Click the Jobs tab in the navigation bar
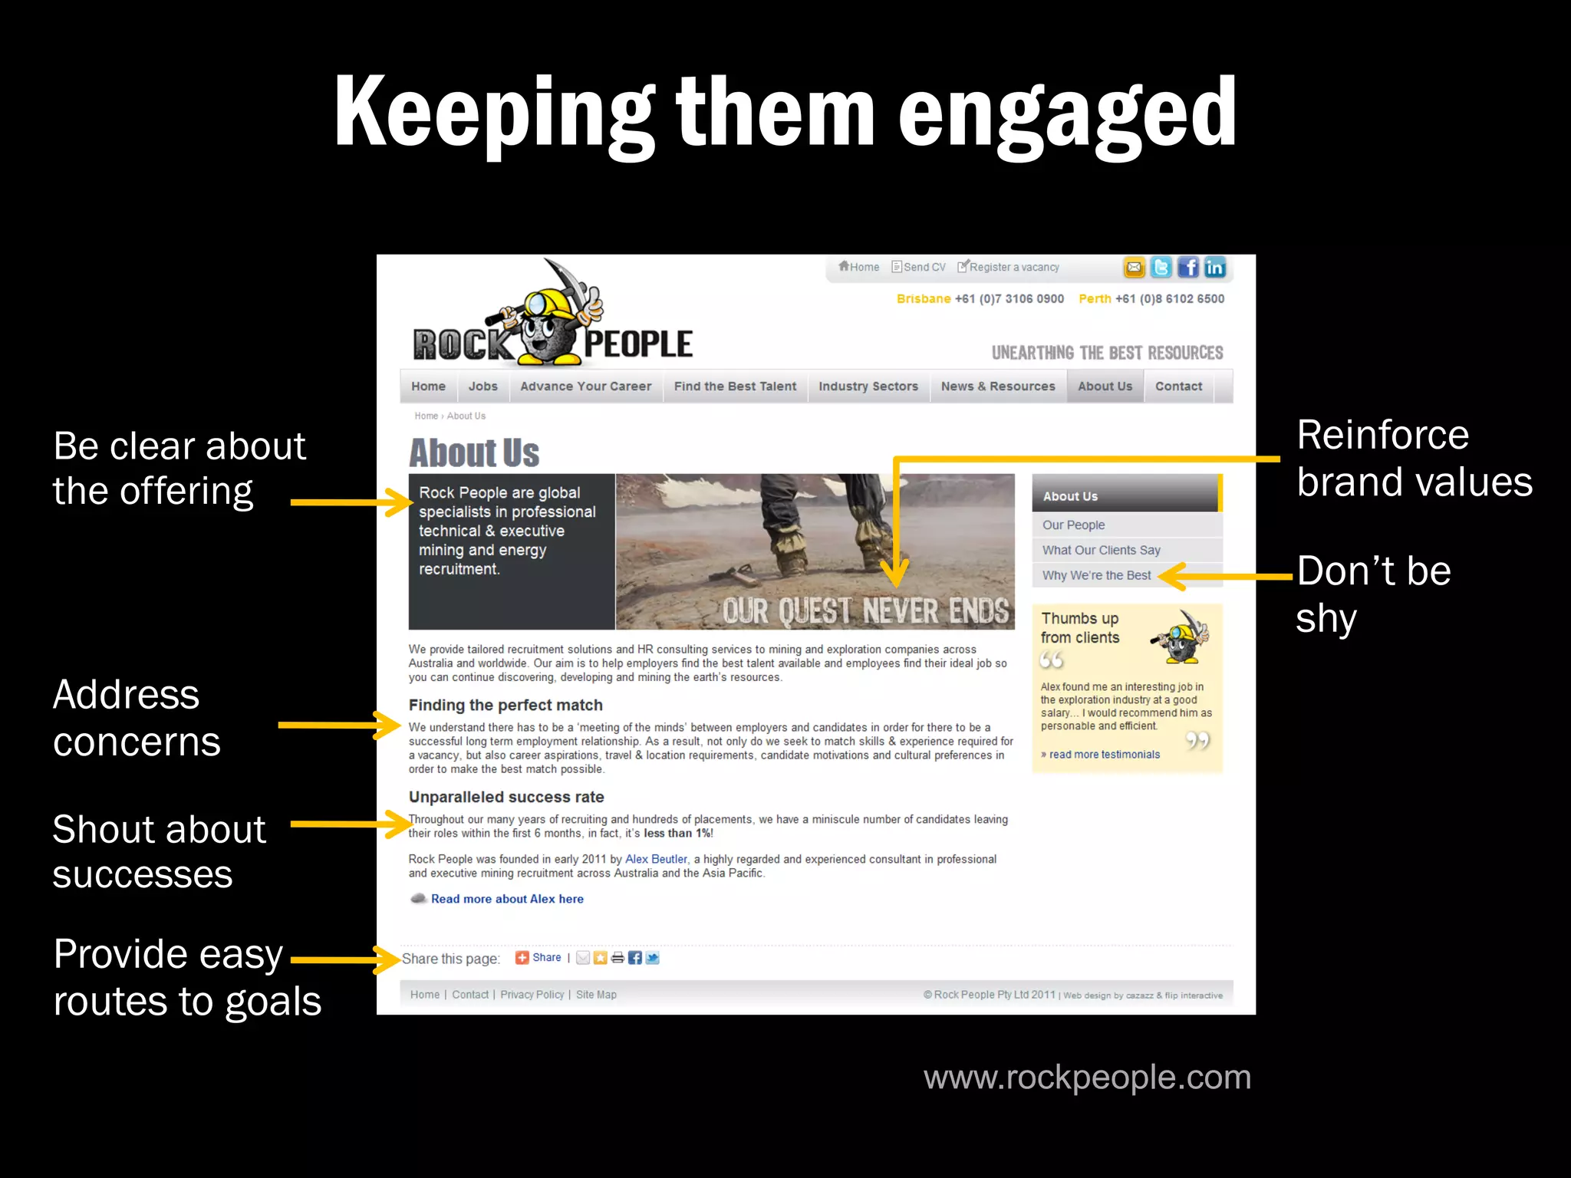(482, 387)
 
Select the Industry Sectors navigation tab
(868, 387)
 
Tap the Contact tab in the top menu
(1178, 387)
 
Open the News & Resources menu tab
(997, 387)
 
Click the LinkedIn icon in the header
(1214, 268)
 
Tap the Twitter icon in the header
(1161, 268)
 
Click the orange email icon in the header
(1134, 268)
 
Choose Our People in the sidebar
(1073, 525)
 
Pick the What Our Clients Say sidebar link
(1101, 551)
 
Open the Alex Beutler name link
(656, 860)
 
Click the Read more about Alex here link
(507, 899)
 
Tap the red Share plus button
(522, 957)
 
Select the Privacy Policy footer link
(532, 995)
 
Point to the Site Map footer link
(596, 995)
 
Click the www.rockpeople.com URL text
(1087, 1078)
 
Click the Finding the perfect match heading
(506, 706)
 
